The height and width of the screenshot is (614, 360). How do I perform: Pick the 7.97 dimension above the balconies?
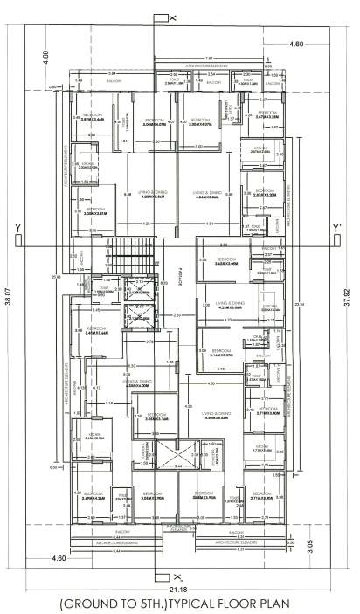(x=161, y=59)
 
